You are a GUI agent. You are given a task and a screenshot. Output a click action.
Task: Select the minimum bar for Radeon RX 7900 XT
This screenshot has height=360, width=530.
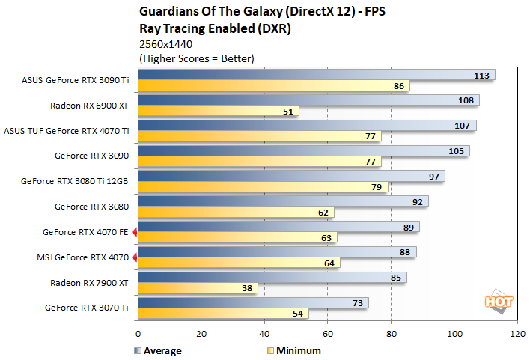pyautogui.click(x=198, y=288)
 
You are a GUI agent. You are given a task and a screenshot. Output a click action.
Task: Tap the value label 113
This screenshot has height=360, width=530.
pyautogui.click(x=483, y=75)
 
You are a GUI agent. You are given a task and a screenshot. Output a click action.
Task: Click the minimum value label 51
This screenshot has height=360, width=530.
pyautogui.click(x=288, y=112)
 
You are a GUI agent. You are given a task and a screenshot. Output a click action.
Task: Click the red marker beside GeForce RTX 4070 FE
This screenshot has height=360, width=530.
pyautogui.click(x=135, y=233)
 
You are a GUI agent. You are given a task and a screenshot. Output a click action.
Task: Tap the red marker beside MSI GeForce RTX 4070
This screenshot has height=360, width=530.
pyautogui.click(x=135, y=258)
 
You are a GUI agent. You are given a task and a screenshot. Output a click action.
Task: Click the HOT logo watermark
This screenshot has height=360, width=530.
pyautogui.click(x=494, y=301)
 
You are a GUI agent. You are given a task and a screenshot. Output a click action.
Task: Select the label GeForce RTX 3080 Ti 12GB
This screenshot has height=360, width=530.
pyautogui.click(x=75, y=181)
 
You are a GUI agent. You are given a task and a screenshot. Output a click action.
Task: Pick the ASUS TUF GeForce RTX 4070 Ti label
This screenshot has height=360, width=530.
pyautogui.click(x=67, y=130)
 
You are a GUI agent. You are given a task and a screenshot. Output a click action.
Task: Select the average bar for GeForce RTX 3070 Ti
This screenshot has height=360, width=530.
pyautogui.click(x=253, y=302)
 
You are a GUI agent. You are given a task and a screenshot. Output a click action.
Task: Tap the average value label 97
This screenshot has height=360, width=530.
pyautogui.click(x=433, y=176)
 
